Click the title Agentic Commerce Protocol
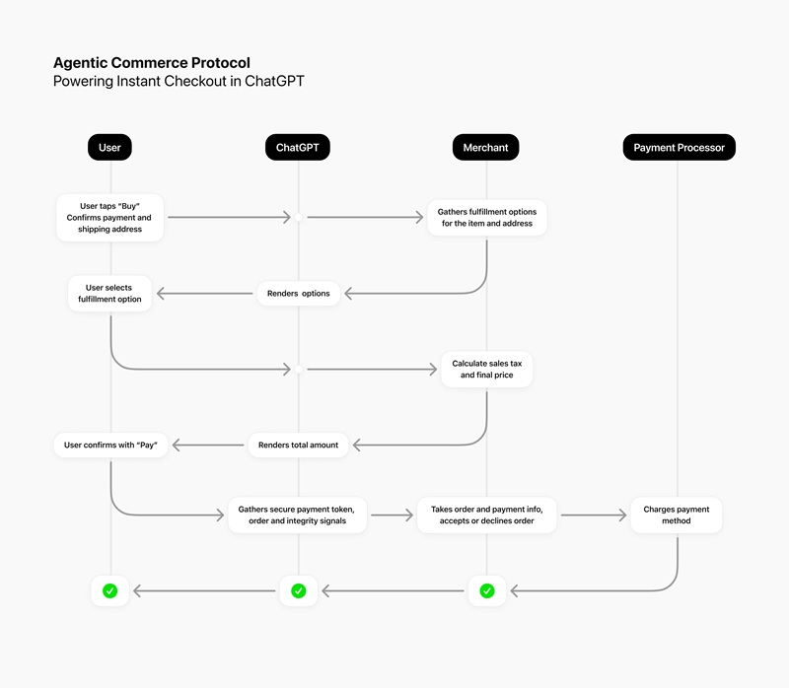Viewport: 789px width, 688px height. pos(151,63)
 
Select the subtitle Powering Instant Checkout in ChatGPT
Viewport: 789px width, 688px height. pos(179,82)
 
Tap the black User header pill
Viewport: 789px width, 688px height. pos(109,148)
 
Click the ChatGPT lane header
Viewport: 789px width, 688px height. pos(297,148)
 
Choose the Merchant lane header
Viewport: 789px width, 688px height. pos(486,148)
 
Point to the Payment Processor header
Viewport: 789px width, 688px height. pos(679,148)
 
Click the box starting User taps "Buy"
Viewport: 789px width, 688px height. pos(109,218)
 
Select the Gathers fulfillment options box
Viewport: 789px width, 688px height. pos(486,218)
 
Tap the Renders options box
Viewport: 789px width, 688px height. pos(299,294)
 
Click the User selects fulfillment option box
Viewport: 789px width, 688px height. pos(109,294)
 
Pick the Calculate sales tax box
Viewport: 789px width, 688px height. pos(486,370)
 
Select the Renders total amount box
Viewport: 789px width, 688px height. pos(298,446)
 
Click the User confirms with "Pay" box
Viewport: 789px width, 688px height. pos(110,446)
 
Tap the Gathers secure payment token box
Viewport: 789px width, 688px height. pos(297,515)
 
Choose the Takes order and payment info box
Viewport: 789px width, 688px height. pos(486,515)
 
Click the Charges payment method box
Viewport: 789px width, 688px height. pos(677,515)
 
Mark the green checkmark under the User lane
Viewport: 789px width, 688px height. pos(109,591)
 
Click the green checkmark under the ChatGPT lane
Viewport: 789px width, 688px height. pos(298,591)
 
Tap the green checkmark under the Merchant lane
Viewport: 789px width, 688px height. pos(486,591)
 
